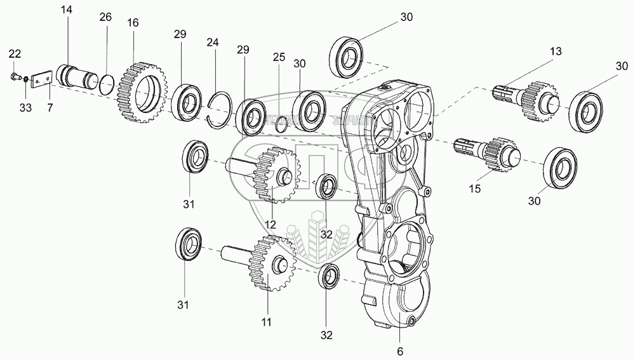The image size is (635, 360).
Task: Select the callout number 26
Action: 105,17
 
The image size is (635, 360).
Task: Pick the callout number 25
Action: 279,57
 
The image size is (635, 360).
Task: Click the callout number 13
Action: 556,51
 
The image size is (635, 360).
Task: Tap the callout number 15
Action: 475,189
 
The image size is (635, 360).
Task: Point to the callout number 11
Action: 267,322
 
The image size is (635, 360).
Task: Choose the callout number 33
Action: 25,107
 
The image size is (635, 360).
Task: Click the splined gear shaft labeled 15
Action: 489,154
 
